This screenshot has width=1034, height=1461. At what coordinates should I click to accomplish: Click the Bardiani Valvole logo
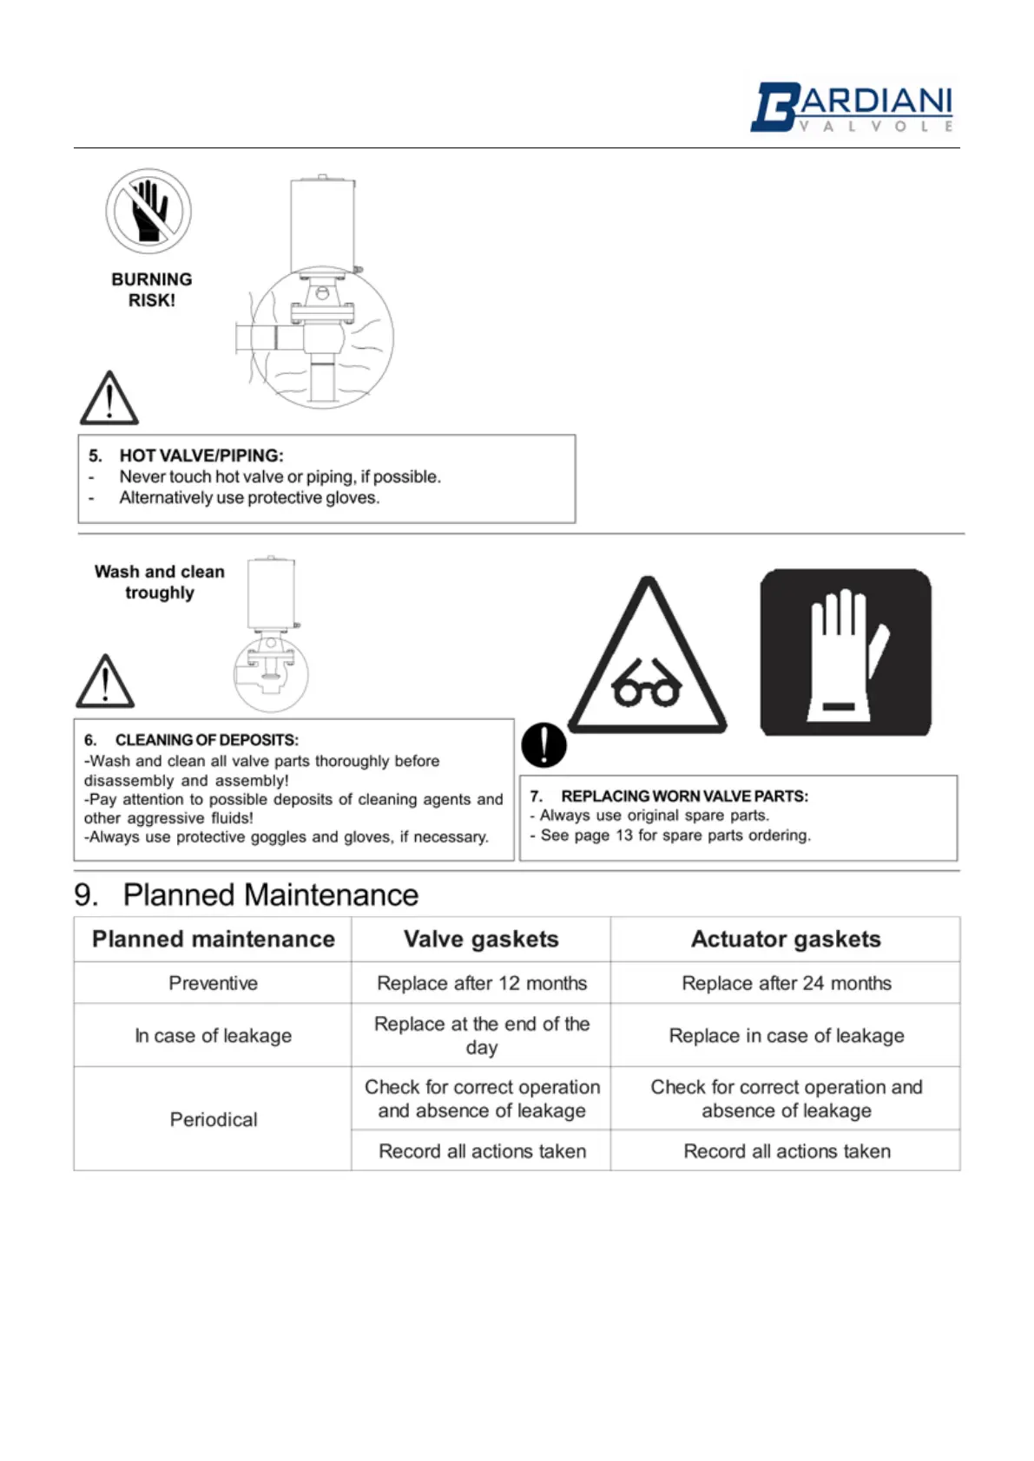pos(852,108)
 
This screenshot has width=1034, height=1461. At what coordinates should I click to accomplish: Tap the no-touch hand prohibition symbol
pos(148,212)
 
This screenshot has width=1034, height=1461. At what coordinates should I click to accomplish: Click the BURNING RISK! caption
pos(152,290)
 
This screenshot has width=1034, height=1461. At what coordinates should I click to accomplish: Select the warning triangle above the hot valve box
pos(109,399)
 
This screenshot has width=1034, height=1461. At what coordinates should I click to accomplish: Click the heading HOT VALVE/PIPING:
pos(201,455)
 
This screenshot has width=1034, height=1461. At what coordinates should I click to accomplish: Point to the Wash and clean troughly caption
pos(160,582)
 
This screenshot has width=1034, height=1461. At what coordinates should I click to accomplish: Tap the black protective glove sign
pos(846,652)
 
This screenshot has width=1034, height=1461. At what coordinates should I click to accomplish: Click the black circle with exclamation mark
pos(544,745)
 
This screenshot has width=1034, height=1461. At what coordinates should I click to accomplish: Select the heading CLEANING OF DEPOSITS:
pos(207,740)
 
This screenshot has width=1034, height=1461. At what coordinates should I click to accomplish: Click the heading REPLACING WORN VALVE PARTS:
pos(684,796)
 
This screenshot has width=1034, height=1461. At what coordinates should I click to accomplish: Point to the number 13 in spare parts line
pos(624,835)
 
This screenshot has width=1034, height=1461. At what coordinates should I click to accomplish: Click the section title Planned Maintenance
pos(270,894)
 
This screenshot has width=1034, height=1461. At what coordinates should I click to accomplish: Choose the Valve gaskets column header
pos(481,939)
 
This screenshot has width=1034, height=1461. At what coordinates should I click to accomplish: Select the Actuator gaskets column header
pos(786,939)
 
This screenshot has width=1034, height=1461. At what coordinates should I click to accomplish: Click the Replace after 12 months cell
pos(482,983)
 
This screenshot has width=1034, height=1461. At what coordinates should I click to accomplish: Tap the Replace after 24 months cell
pos(787,983)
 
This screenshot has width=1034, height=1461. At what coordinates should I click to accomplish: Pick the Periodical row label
pos(214,1119)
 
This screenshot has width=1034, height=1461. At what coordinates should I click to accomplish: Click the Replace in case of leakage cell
pos(787,1035)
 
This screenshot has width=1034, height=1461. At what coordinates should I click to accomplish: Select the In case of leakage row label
pos(214,1035)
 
